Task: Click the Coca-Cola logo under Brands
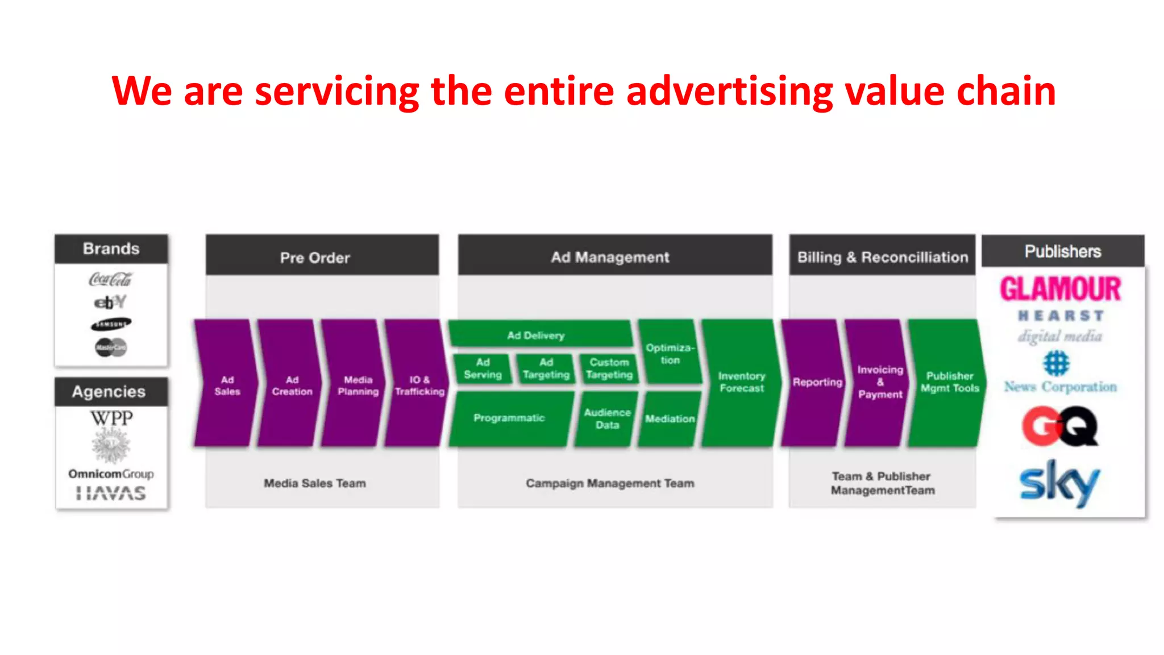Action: pos(110,279)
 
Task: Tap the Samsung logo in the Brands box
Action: pos(111,324)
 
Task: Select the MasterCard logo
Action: pos(111,347)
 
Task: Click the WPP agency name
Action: pos(111,418)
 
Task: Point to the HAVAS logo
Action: pos(111,493)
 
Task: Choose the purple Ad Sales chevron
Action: pos(226,385)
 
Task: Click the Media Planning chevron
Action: pos(357,385)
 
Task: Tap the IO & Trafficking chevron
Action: pos(419,385)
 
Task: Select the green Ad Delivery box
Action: pos(537,335)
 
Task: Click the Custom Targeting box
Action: pos(609,368)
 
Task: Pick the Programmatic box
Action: pos(509,418)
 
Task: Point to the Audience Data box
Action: pos(606,418)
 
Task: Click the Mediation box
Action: pos(670,418)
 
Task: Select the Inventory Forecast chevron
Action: pos(741,382)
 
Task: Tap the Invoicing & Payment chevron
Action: pos(879,382)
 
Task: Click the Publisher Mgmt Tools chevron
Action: pos(949,382)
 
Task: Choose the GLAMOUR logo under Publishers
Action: pos(1061,289)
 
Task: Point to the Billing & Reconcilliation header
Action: pos(882,257)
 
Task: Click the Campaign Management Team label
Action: pos(610,483)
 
